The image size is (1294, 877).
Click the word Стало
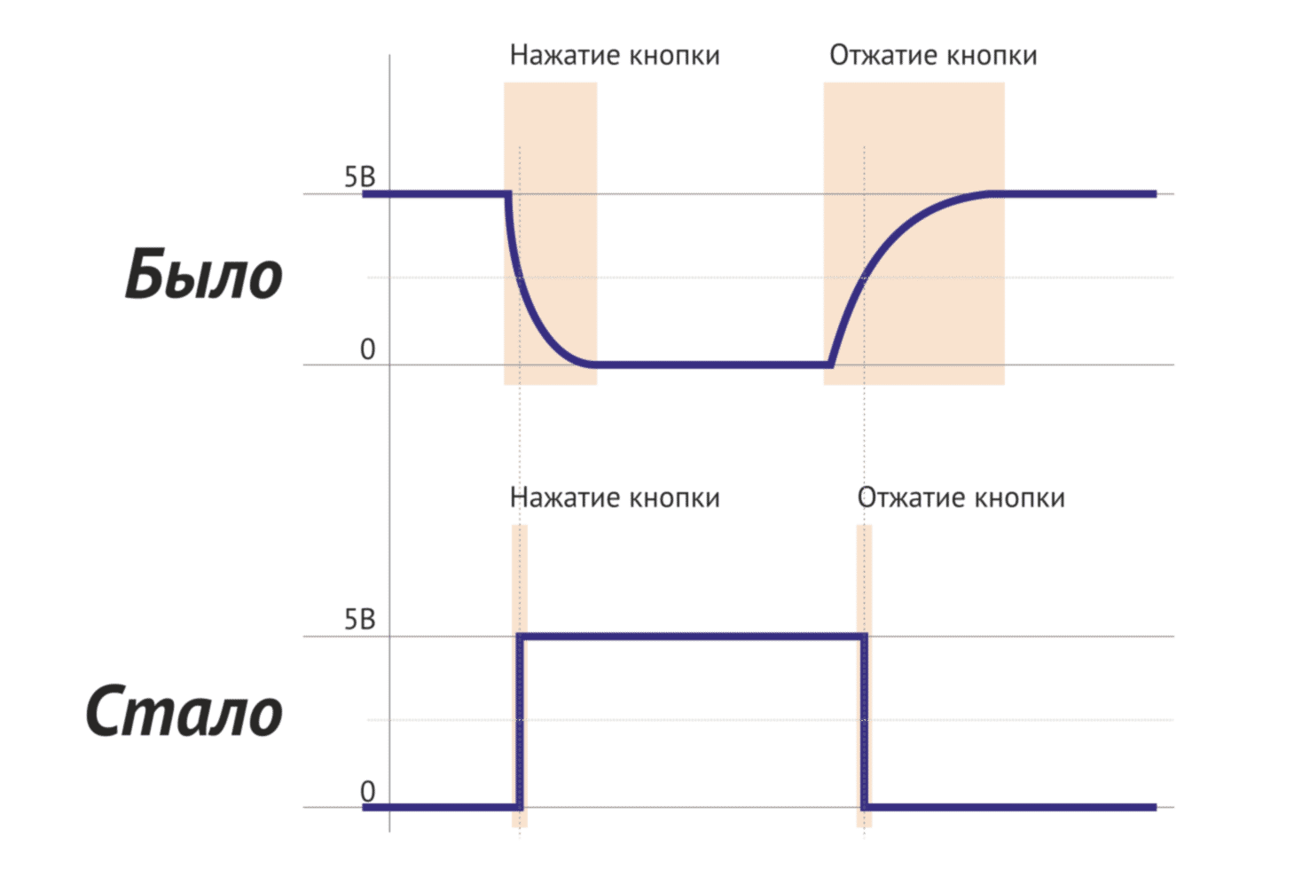point(184,711)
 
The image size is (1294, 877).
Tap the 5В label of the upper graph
point(359,178)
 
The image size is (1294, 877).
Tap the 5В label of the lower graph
point(359,620)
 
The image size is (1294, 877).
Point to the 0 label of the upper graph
point(367,350)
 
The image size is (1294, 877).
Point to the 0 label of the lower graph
point(367,791)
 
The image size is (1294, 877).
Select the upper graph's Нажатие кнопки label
point(614,55)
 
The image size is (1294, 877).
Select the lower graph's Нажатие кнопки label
point(616,497)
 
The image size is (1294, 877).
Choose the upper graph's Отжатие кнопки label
point(933,55)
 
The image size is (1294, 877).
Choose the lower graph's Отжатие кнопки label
point(961,497)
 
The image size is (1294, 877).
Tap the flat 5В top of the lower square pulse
point(692,636)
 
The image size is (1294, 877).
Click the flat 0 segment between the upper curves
point(710,364)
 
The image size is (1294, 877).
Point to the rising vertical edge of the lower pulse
point(520,718)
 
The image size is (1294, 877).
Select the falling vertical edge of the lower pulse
point(864,718)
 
